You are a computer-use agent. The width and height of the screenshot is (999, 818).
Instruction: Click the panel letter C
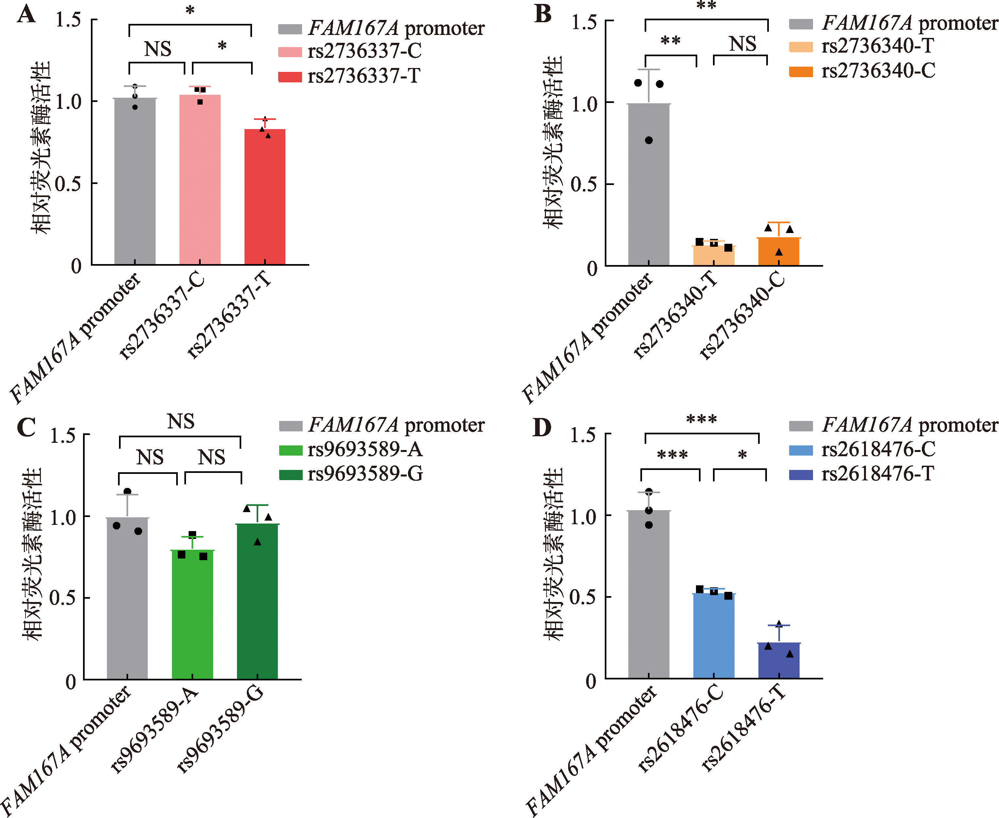click(26, 428)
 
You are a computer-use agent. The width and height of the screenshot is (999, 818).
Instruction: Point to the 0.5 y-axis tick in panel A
click(68, 183)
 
